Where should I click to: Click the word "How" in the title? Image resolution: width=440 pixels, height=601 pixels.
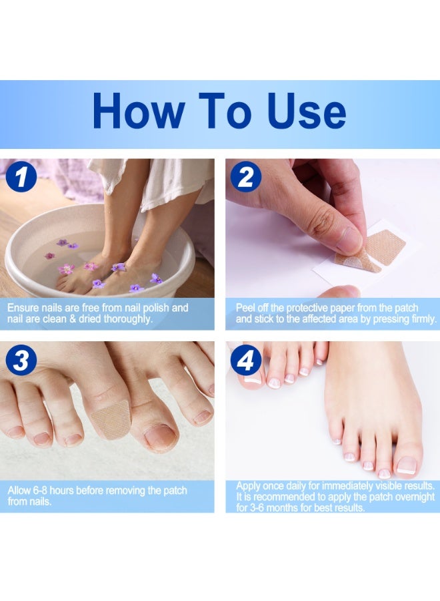137,112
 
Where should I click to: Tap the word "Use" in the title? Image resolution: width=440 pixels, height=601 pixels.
305,112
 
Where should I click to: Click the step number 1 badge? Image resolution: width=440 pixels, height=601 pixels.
21,178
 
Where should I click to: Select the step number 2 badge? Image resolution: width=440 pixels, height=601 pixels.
246,178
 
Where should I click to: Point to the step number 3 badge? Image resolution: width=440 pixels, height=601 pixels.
21,361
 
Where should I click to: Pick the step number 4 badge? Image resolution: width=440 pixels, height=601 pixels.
246,361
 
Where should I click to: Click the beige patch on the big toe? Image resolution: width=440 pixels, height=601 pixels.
111,419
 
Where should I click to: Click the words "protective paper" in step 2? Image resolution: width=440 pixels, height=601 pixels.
310,308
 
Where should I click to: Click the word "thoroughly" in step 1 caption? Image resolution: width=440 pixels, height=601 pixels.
127,319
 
